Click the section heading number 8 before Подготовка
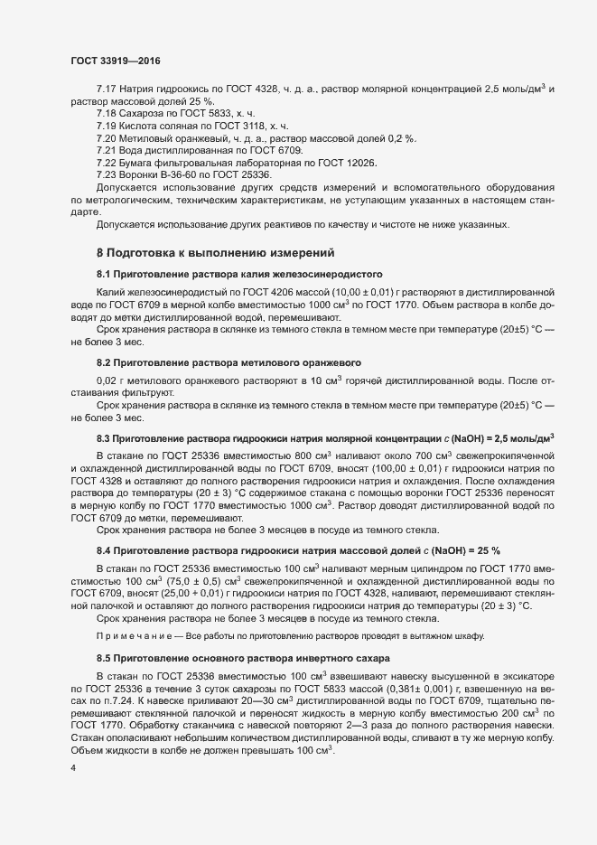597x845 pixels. coord(100,252)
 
